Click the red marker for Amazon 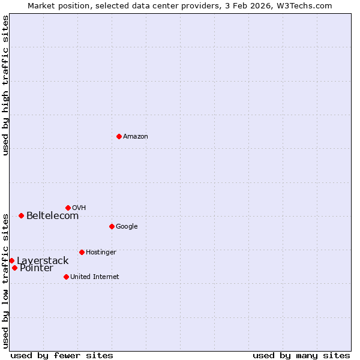click(119, 136)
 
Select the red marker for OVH click(68, 208)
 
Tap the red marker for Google click(112, 226)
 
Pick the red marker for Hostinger click(82, 252)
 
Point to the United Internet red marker click(66, 277)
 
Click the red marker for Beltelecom click(21, 215)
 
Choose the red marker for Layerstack click(11, 260)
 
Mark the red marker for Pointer click(14, 268)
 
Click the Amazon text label click(136, 137)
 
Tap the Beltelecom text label click(52, 216)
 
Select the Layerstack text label click(43, 261)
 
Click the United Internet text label click(95, 277)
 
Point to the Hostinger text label click(101, 253)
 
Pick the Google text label click(127, 227)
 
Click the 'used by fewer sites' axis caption click(62, 355)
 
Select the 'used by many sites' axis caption click(301, 355)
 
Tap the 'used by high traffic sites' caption click(5, 85)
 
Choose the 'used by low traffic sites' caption click(5, 280)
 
